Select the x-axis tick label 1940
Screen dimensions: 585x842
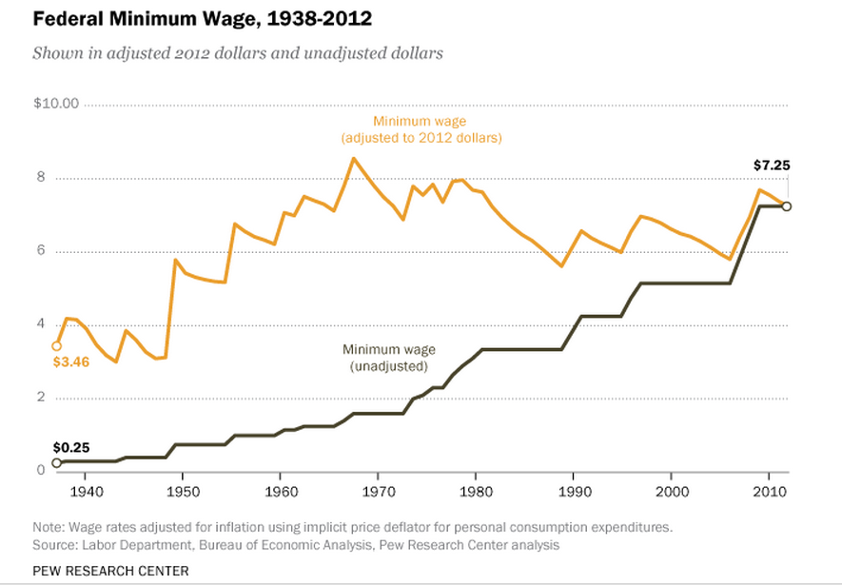(85, 492)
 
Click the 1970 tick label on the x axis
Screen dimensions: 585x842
(378, 492)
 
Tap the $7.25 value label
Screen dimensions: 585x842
(772, 166)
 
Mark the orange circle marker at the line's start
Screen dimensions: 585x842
(56, 346)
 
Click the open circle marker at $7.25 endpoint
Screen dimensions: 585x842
(786, 206)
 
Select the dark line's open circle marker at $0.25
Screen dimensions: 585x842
(56, 463)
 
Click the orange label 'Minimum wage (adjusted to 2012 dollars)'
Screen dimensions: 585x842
(421, 129)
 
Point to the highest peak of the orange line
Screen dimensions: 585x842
(354, 158)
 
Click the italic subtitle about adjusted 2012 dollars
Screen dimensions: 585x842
(238, 53)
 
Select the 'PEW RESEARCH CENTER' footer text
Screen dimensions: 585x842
(110, 571)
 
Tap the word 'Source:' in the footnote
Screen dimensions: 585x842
(56, 544)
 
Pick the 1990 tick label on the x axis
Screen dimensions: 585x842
(574, 492)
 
